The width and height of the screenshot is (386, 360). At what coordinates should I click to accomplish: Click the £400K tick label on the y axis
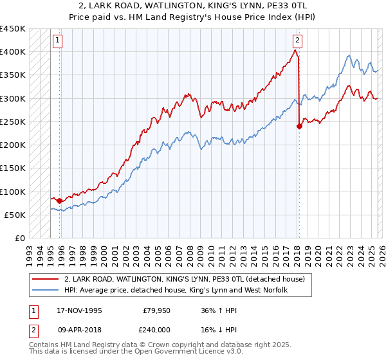click(13, 52)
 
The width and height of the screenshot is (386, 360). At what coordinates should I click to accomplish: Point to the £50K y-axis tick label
click(15, 215)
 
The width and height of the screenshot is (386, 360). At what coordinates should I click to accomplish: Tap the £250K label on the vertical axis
click(13, 122)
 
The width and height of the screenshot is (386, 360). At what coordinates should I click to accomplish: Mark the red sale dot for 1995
click(60, 201)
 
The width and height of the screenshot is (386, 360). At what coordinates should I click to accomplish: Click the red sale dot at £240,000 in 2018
click(299, 127)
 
